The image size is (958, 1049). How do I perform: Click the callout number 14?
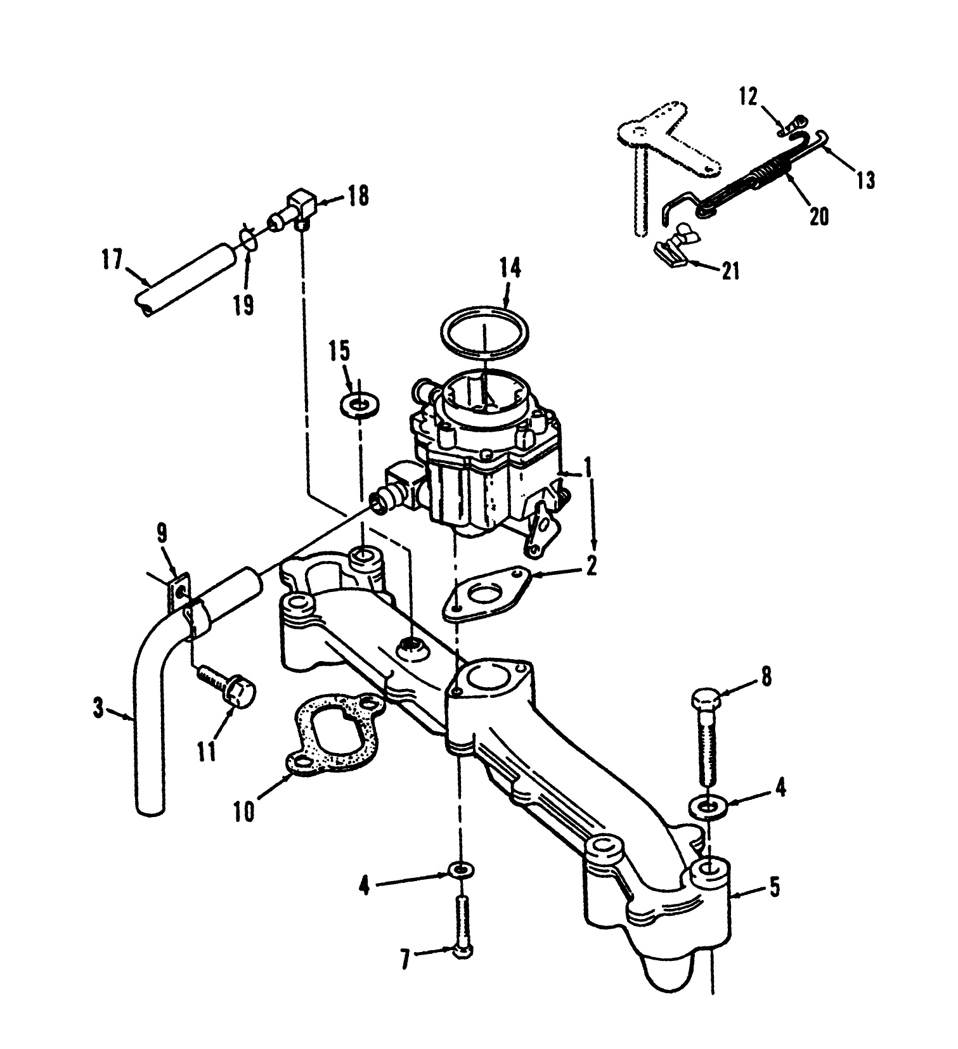(x=510, y=269)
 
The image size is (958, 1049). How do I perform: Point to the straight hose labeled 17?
(x=181, y=278)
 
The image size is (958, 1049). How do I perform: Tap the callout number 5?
(x=774, y=888)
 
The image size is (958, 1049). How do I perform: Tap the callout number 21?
(x=730, y=271)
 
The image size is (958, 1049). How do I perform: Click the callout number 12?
(x=748, y=97)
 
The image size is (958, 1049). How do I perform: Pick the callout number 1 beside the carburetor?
(x=587, y=468)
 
